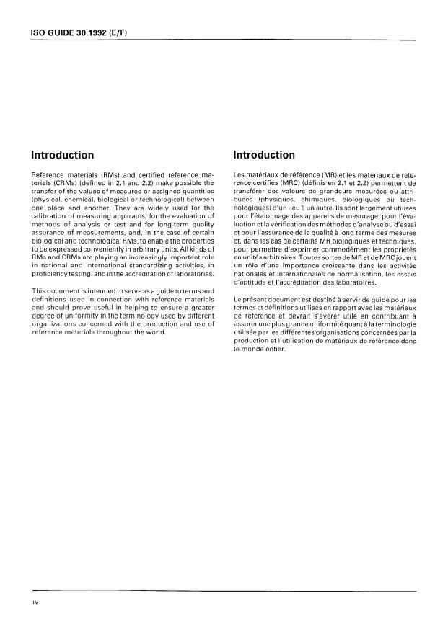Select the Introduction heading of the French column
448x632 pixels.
(x=265, y=155)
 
